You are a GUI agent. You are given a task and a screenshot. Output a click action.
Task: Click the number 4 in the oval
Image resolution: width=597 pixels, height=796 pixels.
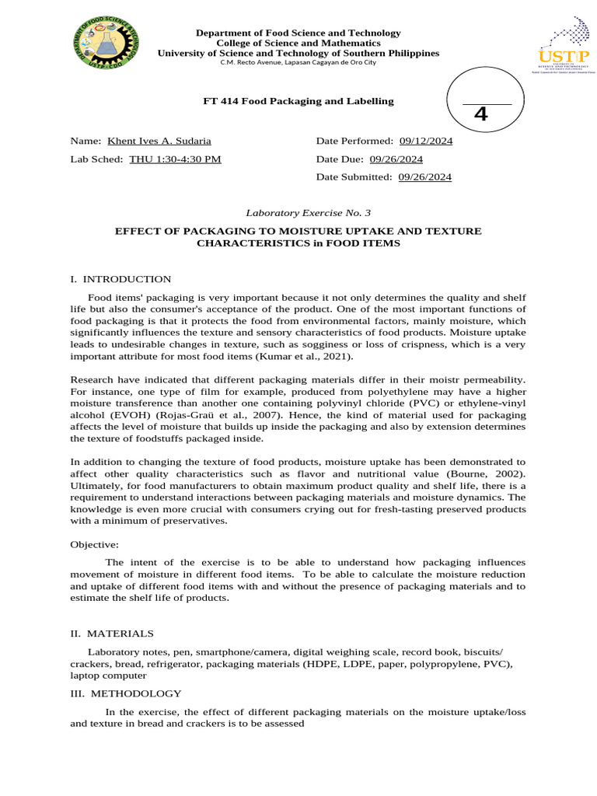[480, 114]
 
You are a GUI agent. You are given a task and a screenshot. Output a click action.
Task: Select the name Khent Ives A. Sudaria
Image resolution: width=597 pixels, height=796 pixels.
[159, 141]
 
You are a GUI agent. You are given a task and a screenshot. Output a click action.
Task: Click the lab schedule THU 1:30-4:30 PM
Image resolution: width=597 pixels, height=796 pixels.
[175, 159]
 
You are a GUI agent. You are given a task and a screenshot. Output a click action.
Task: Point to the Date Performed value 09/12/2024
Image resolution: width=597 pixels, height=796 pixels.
[426, 141]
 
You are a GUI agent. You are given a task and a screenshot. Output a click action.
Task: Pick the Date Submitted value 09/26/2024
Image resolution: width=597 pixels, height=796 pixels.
[424, 176]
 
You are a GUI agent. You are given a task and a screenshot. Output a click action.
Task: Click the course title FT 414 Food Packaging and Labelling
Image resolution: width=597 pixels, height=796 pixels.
[298, 101]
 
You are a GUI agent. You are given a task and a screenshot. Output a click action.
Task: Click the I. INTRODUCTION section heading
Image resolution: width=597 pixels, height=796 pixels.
[120, 279]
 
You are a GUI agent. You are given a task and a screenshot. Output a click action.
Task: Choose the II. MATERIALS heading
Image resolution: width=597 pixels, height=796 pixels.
[112, 634]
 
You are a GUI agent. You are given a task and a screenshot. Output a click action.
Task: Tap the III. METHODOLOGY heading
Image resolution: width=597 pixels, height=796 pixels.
[125, 693]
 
